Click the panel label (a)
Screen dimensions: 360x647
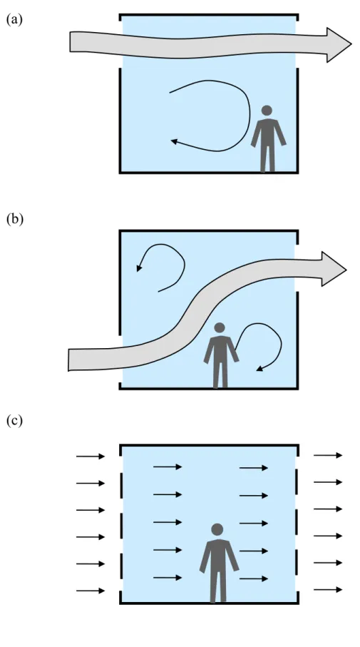[14, 19]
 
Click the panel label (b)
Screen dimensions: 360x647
[14, 219]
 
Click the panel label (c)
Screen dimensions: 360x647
[14, 421]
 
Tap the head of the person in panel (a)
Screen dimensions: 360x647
[267, 110]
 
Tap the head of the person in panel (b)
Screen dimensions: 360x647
[220, 327]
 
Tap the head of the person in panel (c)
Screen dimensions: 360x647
[217, 529]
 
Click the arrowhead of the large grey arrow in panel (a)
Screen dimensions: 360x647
[339, 45]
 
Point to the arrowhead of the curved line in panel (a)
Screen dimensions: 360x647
[174, 141]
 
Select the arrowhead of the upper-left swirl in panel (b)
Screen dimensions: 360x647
[139, 269]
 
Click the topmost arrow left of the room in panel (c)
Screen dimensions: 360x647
[91, 457]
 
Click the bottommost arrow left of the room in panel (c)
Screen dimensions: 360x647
[91, 591]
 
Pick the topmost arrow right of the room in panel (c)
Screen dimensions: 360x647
[328, 455]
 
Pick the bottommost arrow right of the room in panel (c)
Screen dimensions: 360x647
[328, 590]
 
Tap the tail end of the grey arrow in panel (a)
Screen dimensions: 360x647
[70, 41]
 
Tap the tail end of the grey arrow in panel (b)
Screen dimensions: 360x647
[68, 360]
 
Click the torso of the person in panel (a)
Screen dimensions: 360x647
[268, 131]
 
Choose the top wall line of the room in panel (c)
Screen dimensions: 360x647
[209, 445]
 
